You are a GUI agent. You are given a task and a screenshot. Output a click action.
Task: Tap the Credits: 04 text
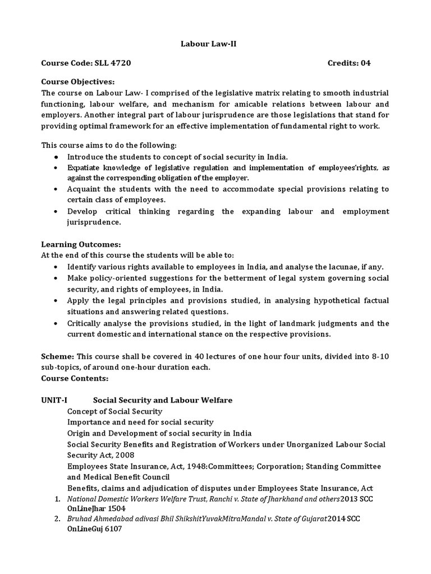point(349,63)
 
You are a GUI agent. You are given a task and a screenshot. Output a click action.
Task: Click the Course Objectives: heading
point(77,81)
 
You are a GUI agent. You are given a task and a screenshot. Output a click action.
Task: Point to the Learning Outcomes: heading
point(81,244)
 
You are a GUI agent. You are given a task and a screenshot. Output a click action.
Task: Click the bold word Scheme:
point(58,357)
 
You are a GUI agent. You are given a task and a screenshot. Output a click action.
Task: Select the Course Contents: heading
point(75,378)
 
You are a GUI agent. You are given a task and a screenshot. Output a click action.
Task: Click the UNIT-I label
point(54,400)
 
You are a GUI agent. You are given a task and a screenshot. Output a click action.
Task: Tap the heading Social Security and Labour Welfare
point(162,400)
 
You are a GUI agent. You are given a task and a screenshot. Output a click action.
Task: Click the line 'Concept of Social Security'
point(114,411)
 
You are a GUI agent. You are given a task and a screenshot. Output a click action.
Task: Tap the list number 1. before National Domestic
point(57,498)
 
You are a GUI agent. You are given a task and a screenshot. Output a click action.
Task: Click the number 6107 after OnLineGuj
point(109,530)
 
